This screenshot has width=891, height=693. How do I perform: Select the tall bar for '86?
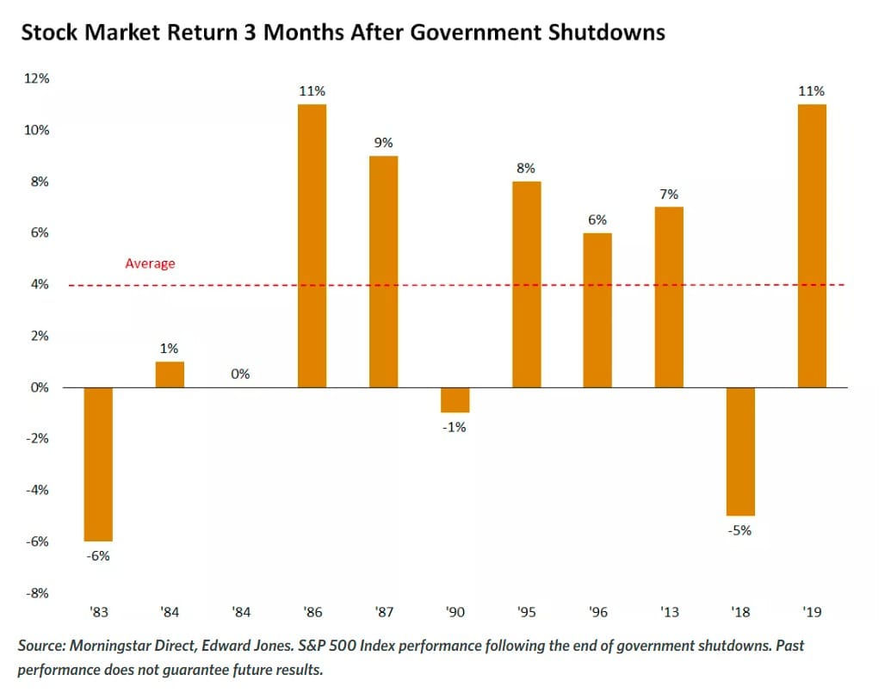coord(312,245)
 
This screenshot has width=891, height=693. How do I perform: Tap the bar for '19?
coord(812,245)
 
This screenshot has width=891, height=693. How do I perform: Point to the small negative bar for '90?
coord(455,399)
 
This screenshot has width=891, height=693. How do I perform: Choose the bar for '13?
coord(669,297)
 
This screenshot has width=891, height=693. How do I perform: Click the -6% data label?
coord(98,555)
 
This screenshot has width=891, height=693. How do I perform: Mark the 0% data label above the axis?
coord(240,374)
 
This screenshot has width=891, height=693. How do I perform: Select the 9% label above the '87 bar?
coord(383,142)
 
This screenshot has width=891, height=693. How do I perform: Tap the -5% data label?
coord(739,530)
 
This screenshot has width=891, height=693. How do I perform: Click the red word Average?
coord(150,263)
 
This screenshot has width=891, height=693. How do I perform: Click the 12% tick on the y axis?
coord(37,78)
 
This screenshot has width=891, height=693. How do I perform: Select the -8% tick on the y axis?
coord(36,593)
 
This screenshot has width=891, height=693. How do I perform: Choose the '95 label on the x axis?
coord(526,612)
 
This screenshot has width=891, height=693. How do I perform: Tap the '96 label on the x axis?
coord(597,612)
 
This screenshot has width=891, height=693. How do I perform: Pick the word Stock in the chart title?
coord(46,34)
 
